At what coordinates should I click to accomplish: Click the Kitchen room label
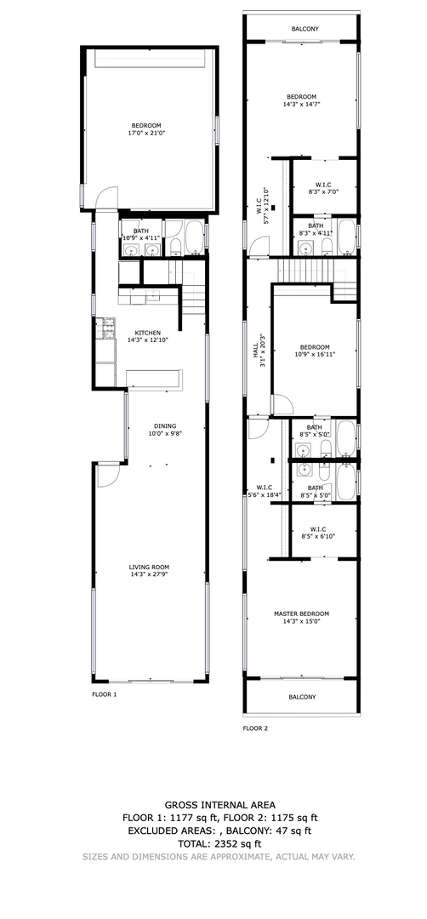[148, 333]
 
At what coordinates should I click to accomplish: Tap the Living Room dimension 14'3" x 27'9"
[149, 575]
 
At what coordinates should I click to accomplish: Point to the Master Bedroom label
[301, 614]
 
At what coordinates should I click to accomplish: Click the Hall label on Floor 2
[255, 351]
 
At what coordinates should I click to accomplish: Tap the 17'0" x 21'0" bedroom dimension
[145, 133]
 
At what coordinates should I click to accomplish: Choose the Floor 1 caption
[105, 694]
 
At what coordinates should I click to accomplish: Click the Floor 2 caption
[255, 728]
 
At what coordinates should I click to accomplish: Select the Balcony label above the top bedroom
[302, 28]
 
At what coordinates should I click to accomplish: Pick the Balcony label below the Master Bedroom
[302, 697]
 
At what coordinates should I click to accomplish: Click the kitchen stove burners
[105, 328]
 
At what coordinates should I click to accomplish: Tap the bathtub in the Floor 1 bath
[194, 238]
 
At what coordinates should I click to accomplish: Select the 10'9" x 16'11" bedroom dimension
[315, 354]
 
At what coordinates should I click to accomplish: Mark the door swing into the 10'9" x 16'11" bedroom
[282, 404]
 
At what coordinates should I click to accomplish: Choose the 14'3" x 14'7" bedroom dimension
[301, 105]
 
